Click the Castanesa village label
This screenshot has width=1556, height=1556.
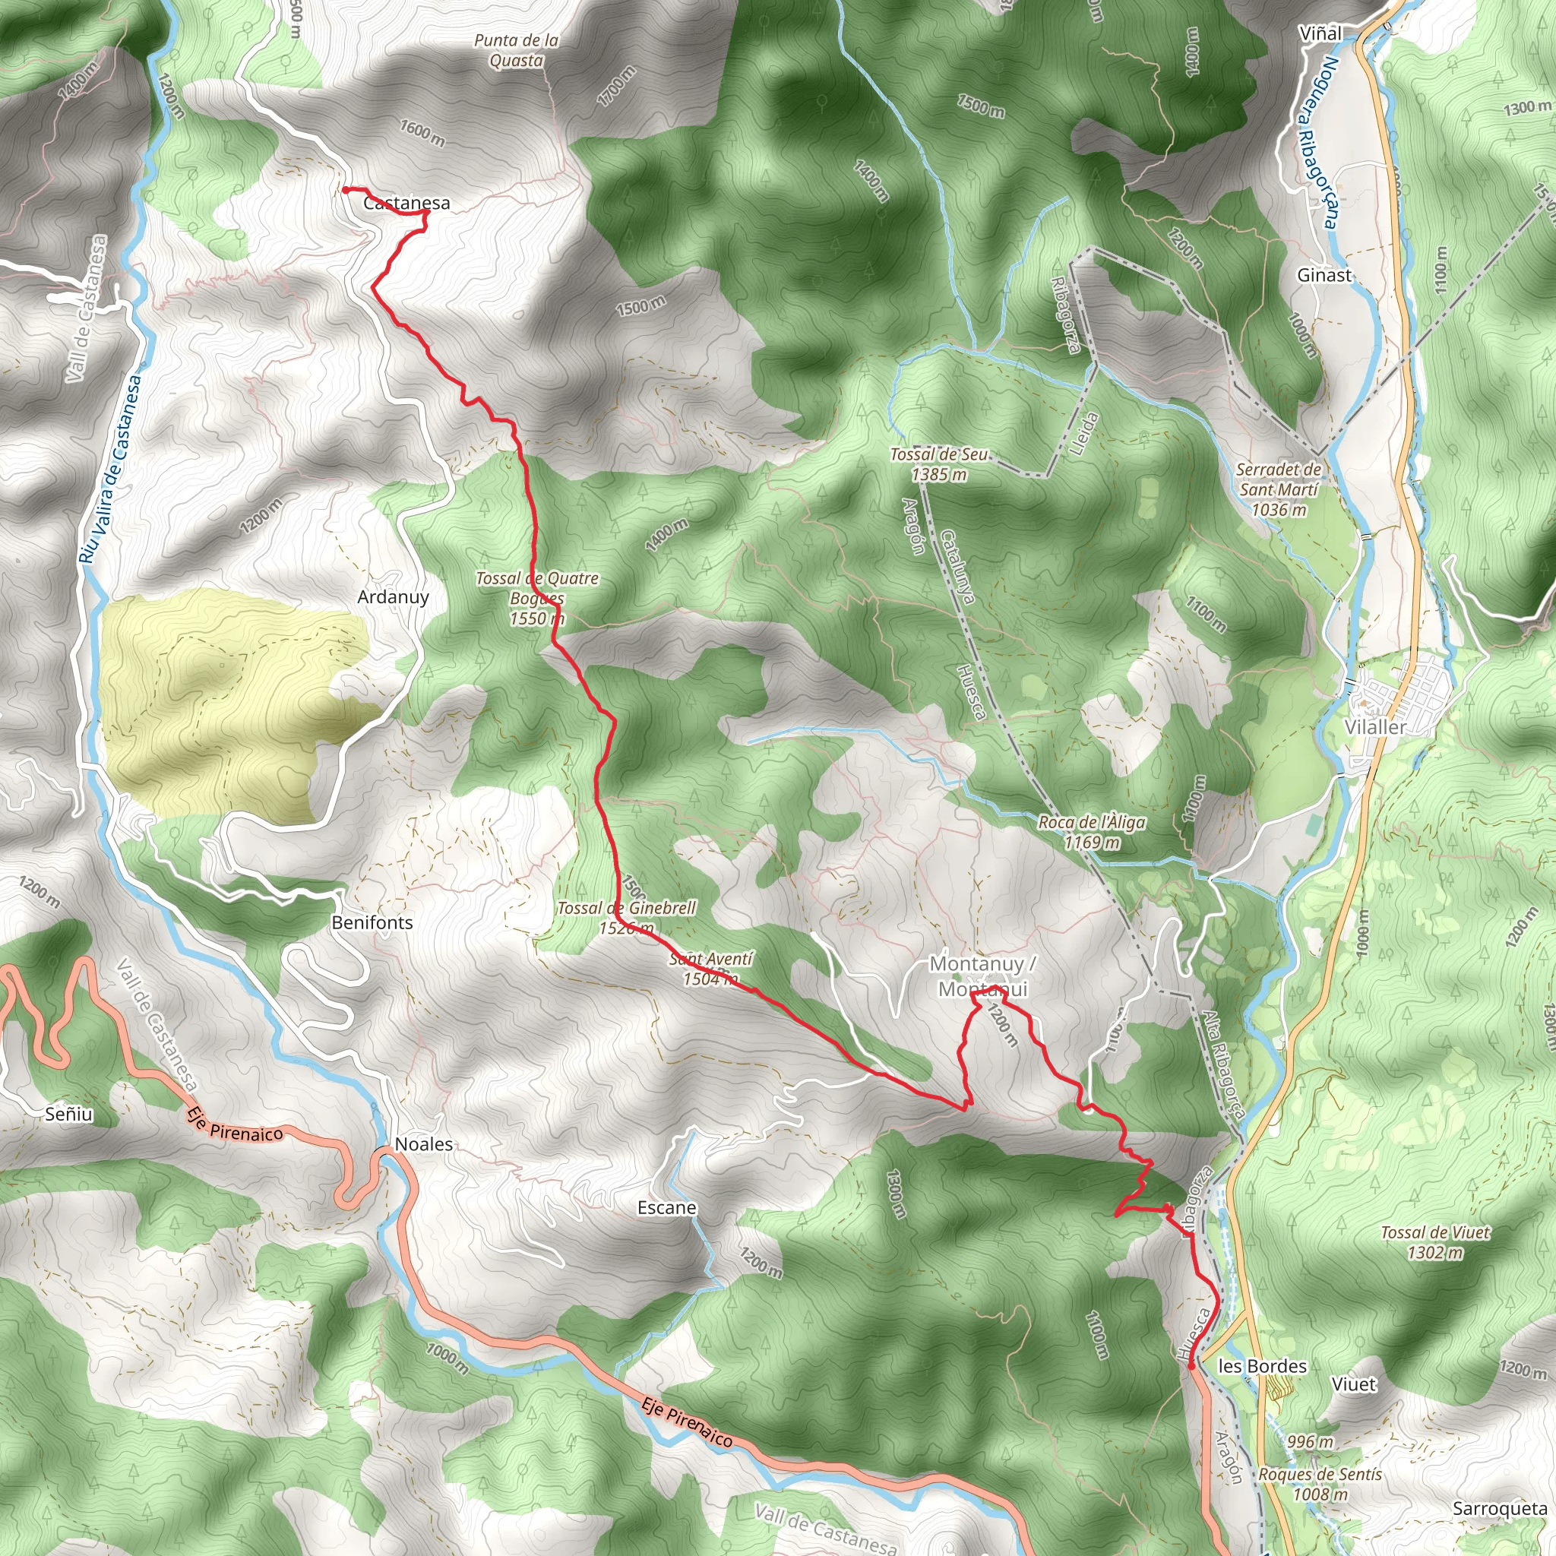coord(406,203)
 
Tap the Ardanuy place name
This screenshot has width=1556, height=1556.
coord(393,596)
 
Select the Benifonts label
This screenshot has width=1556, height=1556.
coord(372,923)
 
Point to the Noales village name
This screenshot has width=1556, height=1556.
coord(424,1144)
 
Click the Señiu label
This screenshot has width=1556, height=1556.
coord(69,1115)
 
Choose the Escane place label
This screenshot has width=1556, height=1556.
coord(667,1208)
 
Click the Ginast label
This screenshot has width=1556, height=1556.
coord(1324,276)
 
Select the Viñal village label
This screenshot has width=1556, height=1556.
coord(1320,34)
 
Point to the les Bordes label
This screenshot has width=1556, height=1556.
coord(1262,1366)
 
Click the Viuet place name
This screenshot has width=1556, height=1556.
coord(1355,1384)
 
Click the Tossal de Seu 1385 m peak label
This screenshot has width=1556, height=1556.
coord(939,465)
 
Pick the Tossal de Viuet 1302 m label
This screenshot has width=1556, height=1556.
coord(1435,1243)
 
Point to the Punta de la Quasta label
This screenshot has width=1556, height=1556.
coord(516,51)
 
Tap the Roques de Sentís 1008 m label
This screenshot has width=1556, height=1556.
coord(1320,1485)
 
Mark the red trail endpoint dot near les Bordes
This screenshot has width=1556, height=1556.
coord(1191,1366)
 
